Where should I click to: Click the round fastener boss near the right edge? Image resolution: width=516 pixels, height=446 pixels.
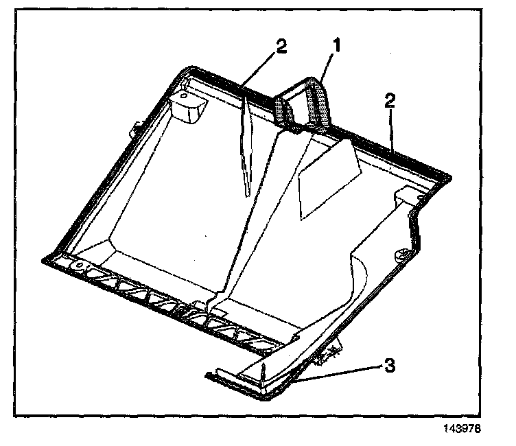[400, 256]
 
